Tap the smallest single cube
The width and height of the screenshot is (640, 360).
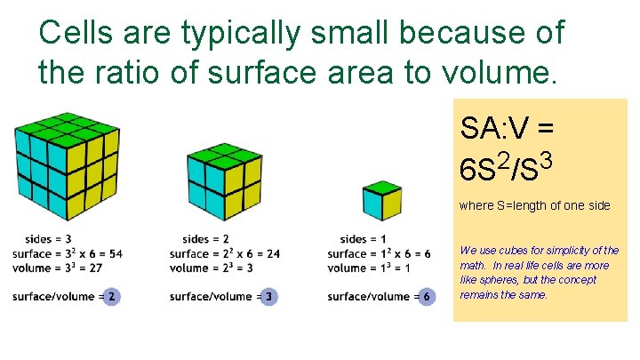(381, 201)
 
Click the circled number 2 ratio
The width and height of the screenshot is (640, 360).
(111, 296)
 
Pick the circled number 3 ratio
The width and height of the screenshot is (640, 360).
(268, 296)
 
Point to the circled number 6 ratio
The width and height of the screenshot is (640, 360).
(427, 296)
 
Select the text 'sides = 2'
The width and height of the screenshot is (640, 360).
(205, 239)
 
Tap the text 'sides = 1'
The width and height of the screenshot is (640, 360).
(364, 239)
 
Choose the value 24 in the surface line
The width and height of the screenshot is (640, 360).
(272, 253)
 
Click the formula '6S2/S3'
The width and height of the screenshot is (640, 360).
(508, 166)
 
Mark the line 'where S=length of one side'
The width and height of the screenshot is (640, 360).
(534, 205)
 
